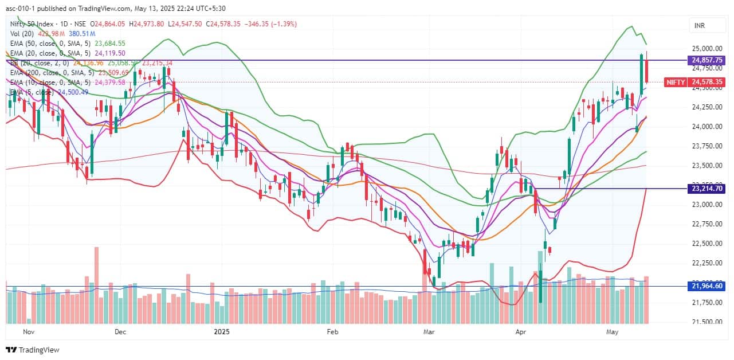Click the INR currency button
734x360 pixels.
coord(699,26)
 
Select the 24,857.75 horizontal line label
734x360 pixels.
coord(708,60)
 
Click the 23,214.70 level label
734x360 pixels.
coord(708,188)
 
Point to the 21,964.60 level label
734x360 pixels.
coord(708,286)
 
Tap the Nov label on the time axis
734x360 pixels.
coord(28,331)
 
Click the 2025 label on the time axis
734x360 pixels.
coord(221,331)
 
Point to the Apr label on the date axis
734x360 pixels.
coord(521,331)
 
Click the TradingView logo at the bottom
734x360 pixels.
coord(33,350)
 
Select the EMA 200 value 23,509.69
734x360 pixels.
coord(113,73)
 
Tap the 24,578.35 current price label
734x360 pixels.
coord(708,83)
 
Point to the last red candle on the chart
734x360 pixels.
coord(646,71)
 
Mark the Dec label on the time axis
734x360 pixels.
coord(120,331)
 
